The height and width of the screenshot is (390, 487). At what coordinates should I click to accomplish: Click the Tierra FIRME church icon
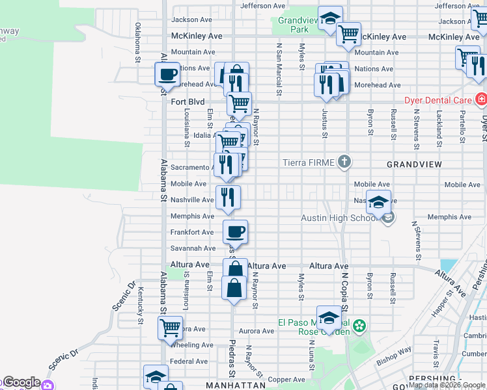click(345, 162)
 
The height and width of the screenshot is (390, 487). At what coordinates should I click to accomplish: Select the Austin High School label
click(339, 218)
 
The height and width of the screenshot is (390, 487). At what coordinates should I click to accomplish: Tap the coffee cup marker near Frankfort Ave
click(235, 231)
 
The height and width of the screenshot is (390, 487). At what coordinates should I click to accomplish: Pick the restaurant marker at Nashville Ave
click(228, 197)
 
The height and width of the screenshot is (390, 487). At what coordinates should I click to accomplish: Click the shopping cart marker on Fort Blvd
click(239, 103)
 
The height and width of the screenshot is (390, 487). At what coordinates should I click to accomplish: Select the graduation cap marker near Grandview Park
click(330, 18)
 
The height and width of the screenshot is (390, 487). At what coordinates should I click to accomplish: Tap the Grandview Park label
click(299, 25)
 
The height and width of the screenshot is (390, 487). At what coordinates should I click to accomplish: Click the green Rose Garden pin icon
click(359, 325)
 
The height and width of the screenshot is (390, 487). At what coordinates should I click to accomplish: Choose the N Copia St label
click(344, 291)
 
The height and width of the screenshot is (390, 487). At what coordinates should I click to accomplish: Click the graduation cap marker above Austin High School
click(378, 201)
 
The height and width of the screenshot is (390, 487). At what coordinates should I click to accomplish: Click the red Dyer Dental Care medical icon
click(481, 100)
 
